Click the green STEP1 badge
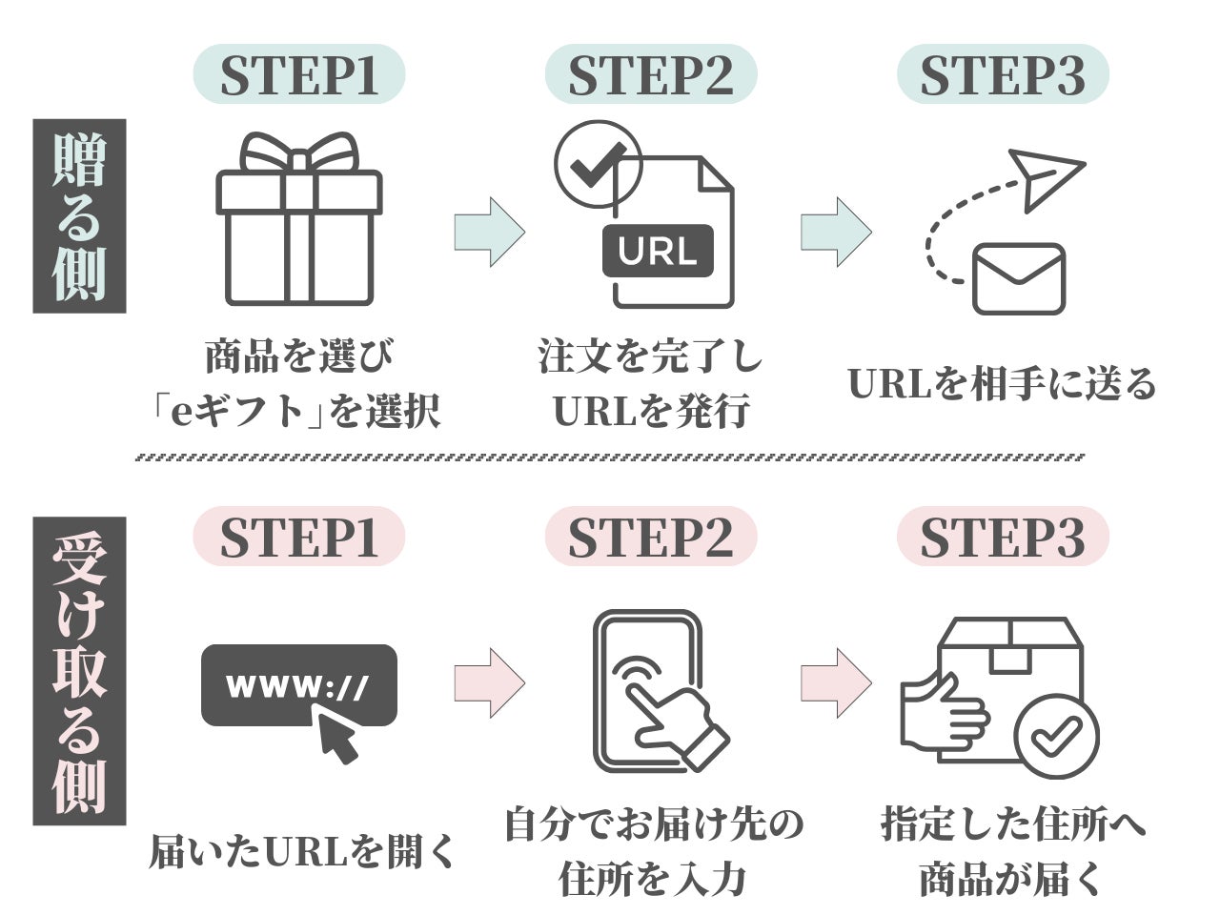(x=299, y=74)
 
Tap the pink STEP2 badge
(x=651, y=537)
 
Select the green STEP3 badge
(x=1003, y=74)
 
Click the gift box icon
(x=299, y=229)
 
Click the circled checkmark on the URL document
(x=598, y=164)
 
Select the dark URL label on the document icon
(x=658, y=251)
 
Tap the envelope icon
(x=1018, y=278)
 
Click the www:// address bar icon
(x=298, y=684)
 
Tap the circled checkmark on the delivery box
(x=1056, y=736)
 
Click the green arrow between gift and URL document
(x=489, y=232)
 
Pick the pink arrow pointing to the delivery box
(x=836, y=682)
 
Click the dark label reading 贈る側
(x=80, y=216)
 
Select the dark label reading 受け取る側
(x=80, y=671)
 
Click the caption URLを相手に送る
(x=1002, y=384)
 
